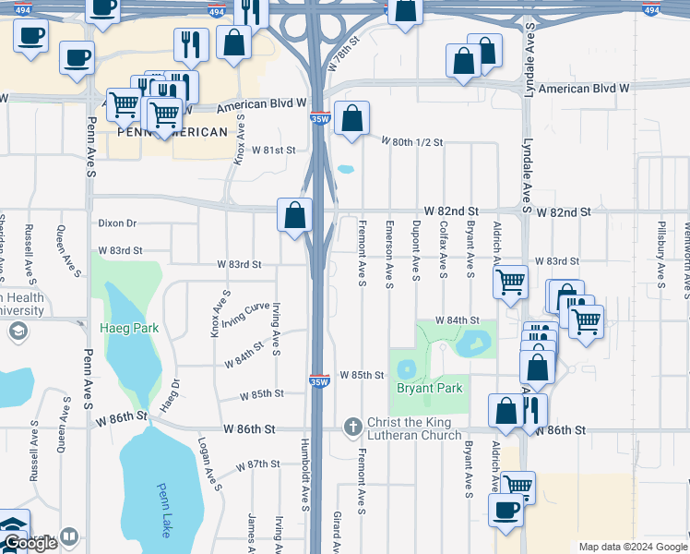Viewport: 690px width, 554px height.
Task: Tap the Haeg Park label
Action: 129,328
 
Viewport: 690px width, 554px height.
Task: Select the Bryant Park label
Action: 429,389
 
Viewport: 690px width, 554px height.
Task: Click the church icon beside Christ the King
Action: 351,427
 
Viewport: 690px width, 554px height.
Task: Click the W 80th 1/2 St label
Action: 413,142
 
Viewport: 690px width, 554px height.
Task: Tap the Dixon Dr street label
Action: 117,223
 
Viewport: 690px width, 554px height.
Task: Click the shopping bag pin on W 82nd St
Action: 294,216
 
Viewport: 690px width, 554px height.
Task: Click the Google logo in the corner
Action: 30,543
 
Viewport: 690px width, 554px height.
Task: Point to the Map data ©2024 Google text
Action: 632,547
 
